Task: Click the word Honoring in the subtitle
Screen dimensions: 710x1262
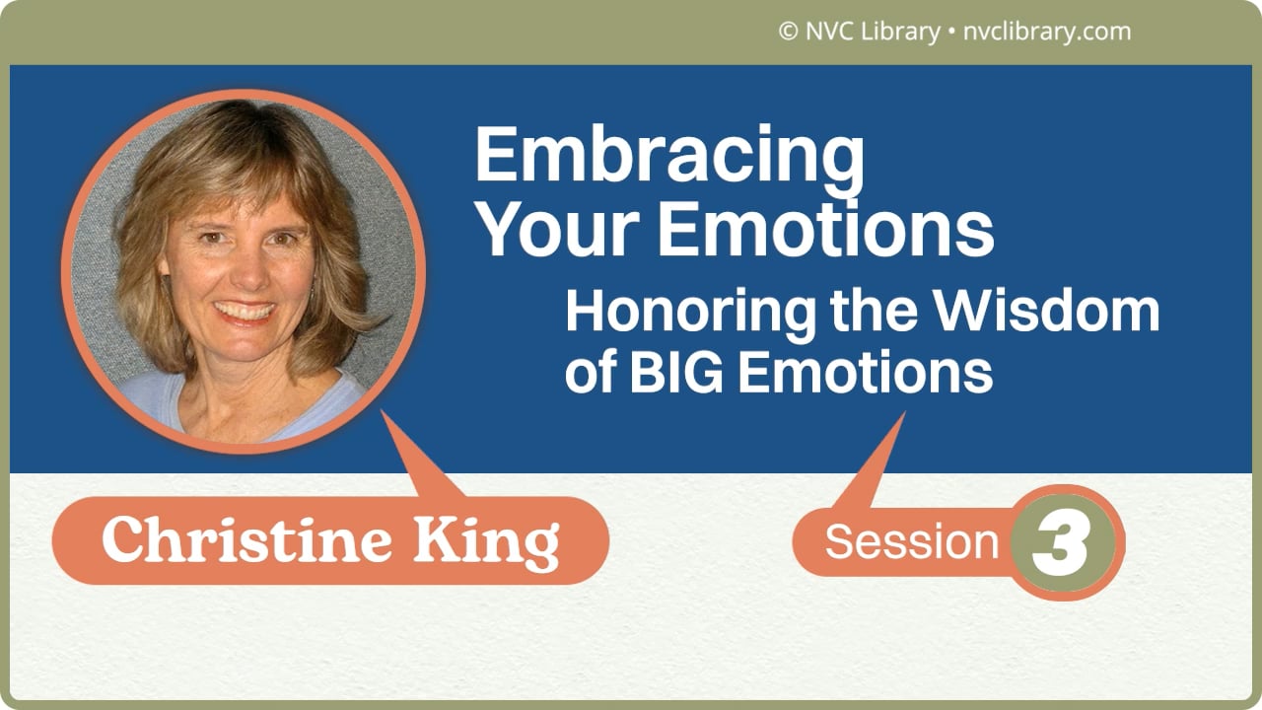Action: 690,314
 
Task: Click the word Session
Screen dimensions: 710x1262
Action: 912,542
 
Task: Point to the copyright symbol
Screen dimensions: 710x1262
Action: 788,33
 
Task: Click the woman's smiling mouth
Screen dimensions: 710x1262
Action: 245,312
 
